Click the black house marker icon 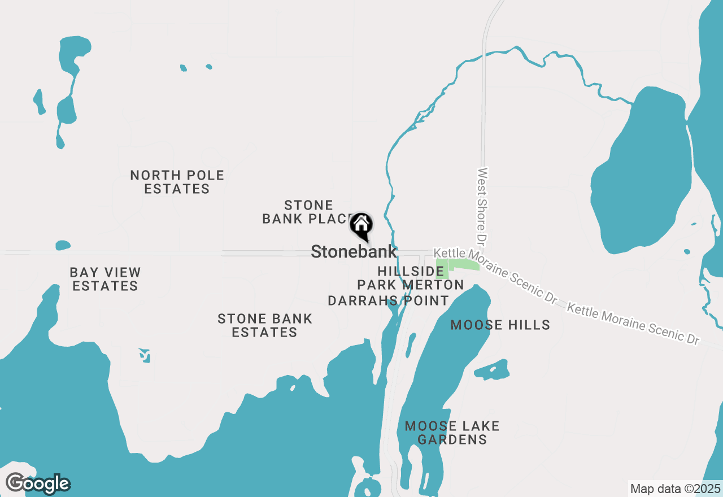(x=361, y=226)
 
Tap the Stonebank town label (x=354, y=252)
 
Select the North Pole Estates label (x=177, y=182)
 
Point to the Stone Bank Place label (x=308, y=212)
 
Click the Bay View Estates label (x=105, y=279)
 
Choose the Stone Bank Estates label (x=264, y=325)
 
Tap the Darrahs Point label (x=389, y=300)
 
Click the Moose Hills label (x=500, y=325)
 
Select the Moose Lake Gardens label (x=452, y=433)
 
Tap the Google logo (x=38, y=484)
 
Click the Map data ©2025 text (x=675, y=489)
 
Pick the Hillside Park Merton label (x=411, y=278)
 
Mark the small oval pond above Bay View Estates (x=63, y=246)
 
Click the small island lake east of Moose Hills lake (x=491, y=370)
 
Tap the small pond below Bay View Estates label (x=145, y=355)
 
